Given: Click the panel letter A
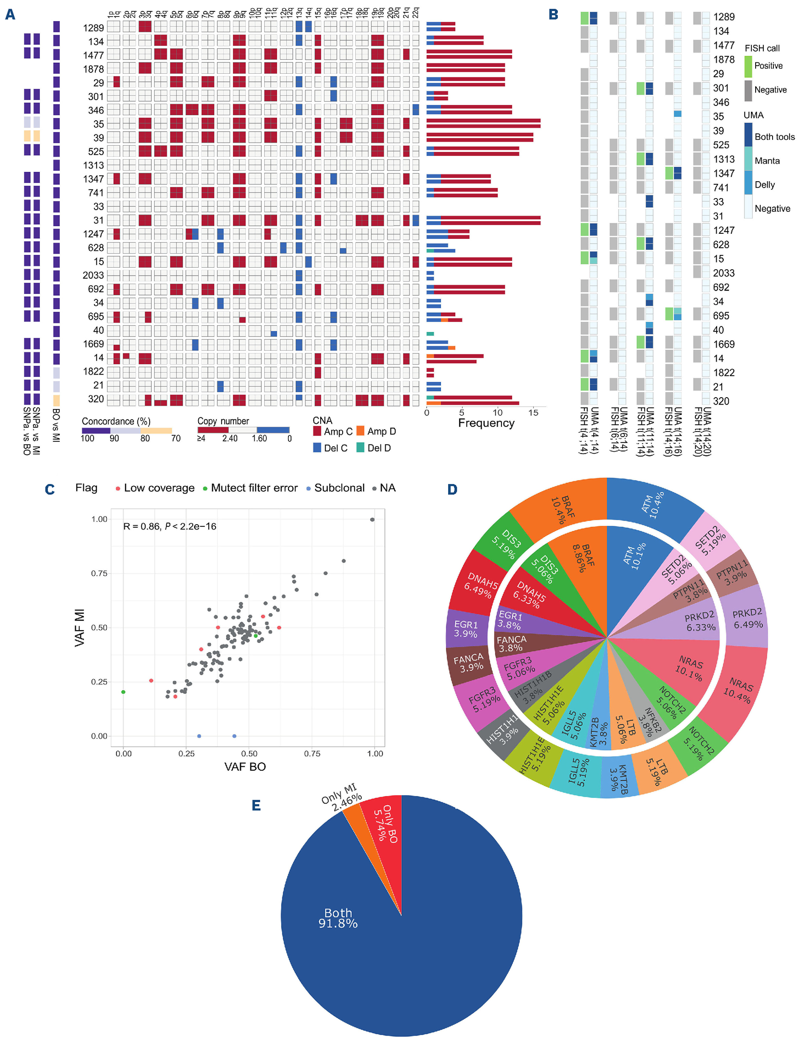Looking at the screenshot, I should tap(10, 14).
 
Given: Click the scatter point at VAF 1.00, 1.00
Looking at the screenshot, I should tap(373, 520).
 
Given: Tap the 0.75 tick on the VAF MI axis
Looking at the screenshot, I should tap(99, 573).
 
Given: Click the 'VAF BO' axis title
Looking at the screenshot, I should tap(245, 766).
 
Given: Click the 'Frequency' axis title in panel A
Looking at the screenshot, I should tap(486, 423).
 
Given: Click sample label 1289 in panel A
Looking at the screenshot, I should tap(93, 28).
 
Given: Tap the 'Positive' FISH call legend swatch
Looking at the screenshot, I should tap(748, 66).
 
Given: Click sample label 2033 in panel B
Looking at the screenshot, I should tap(724, 273).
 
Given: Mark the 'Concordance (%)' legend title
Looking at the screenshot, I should tap(116, 421).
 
